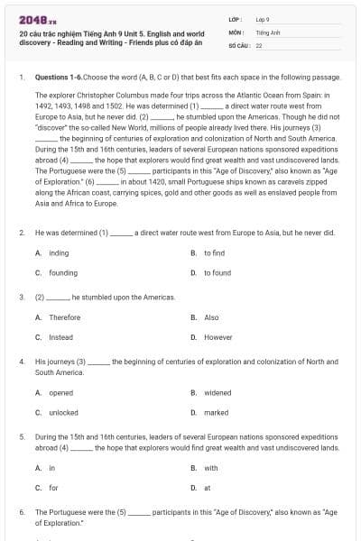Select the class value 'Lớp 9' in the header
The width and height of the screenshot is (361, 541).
coord(264,18)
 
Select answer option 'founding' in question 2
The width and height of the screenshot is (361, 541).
coord(63,272)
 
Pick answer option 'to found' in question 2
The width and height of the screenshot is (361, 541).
coord(217,272)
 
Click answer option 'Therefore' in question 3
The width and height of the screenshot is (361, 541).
coord(64,317)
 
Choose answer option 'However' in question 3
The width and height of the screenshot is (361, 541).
coord(218,336)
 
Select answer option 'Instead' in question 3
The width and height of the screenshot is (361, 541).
coord(60,336)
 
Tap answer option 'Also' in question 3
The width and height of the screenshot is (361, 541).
coord(211,317)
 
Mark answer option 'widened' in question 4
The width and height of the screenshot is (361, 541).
coord(218,393)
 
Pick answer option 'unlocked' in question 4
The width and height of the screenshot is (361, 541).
coord(63,412)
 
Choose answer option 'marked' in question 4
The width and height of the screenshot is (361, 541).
coord(217,412)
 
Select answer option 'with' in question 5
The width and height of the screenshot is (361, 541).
coord(211,468)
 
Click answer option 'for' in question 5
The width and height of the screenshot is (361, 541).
coord(52,487)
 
